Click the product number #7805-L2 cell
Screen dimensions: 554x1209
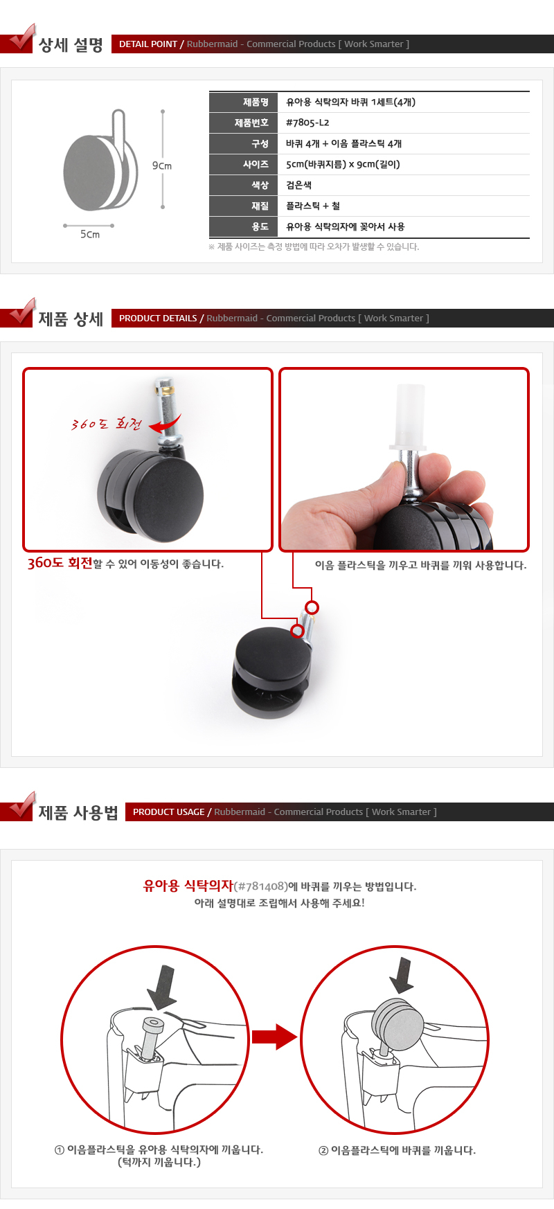[307, 123]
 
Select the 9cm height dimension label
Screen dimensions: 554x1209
[162, 165]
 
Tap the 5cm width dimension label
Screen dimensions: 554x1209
[90, 234]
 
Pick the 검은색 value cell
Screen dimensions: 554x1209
[299, 185]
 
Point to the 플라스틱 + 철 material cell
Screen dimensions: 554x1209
[313, 206]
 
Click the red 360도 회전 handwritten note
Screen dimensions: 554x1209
[106, 424]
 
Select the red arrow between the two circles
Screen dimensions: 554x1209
[274, 1037]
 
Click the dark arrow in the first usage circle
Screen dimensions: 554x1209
[161, 987]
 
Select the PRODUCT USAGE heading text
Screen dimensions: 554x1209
[169, 812]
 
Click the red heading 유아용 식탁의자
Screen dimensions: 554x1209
[188, 886]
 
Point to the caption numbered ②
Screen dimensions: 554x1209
[397, 1150]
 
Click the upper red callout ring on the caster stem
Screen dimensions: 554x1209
[312, 607]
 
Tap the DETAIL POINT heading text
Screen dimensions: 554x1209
[148, 44]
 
